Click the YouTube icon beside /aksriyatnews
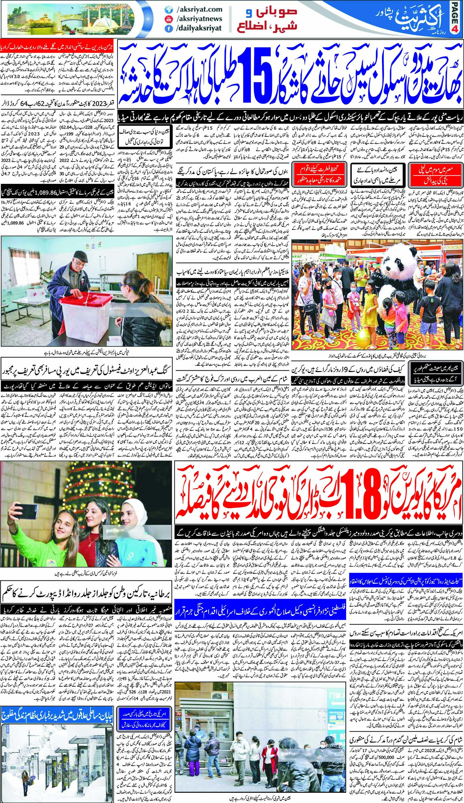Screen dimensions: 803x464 (x=167, y=19)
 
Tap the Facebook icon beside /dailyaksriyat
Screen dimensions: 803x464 (x=167, y=28)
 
